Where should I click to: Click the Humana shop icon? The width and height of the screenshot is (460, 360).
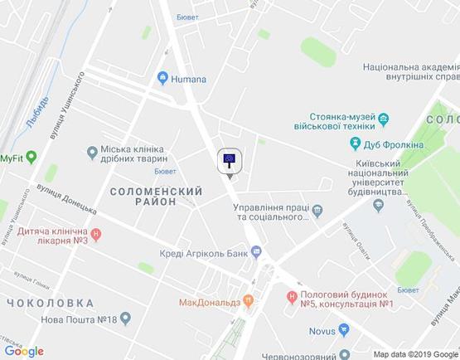162,79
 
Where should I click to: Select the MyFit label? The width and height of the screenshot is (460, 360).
12,158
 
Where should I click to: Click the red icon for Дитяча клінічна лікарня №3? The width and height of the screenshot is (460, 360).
96,235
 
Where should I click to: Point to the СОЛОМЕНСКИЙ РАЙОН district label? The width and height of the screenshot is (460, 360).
156,197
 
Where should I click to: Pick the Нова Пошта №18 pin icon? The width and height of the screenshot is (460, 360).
125,318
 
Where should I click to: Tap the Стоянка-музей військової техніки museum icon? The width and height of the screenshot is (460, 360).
385,123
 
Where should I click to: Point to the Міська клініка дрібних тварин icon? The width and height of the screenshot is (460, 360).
91,151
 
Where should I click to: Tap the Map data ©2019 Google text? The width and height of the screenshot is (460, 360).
414,353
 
